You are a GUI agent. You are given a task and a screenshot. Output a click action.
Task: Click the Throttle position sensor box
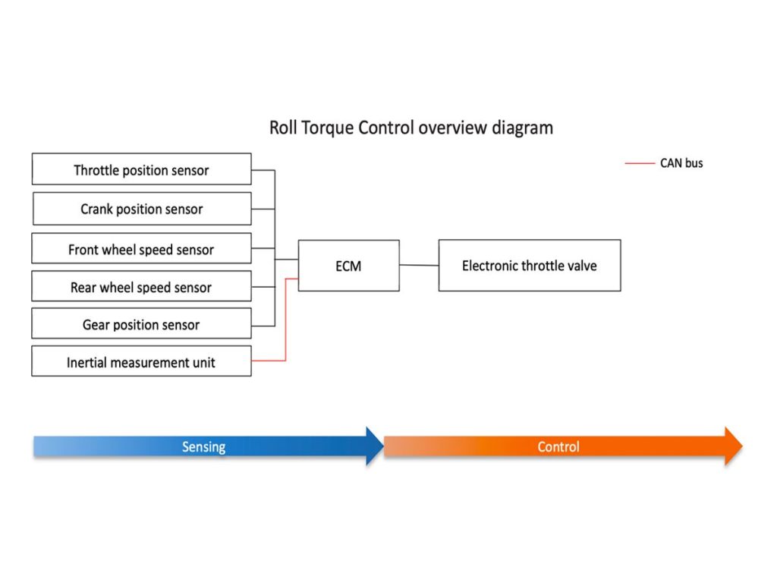point(142,169)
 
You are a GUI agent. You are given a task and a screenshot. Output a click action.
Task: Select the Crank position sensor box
point(142,209)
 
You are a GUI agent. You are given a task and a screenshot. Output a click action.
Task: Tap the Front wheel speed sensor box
point(142,248)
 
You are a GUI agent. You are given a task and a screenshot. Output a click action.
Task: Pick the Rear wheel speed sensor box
point(142,286)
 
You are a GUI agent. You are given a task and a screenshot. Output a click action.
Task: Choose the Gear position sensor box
point(142,323)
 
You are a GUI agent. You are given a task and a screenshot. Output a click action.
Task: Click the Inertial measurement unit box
point(142,361)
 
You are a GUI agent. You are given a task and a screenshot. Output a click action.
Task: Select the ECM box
point(349,266)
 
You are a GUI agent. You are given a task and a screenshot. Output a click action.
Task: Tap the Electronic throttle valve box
point(530,265)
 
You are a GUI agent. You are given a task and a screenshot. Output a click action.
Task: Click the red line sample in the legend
point(640,163)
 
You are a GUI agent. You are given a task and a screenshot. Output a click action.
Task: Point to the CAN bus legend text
point(681,163)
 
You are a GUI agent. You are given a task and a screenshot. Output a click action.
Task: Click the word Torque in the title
point(328,128)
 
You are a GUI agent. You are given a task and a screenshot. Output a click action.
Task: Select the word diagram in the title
point(522,128)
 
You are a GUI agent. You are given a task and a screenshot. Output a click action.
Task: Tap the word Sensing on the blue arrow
point(203,447)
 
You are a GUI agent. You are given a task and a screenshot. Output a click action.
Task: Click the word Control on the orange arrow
point(558,446)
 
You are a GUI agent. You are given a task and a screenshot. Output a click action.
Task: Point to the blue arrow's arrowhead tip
point(384,446)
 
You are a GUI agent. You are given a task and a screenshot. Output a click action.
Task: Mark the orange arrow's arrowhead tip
point(742,446)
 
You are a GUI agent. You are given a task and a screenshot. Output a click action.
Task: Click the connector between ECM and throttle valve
point(419,265)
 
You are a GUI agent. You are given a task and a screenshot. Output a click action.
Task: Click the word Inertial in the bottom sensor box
point(87,362)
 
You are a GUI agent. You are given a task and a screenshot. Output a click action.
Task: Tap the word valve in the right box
point(582,266)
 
